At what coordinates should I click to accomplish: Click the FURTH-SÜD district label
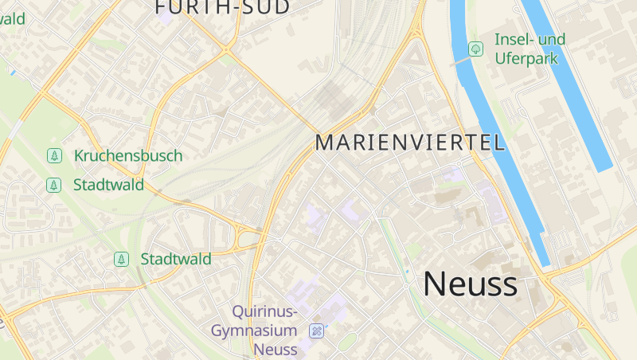pyautogui.click(x=222, y=7)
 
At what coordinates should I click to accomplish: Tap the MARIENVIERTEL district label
pyautogui.click(x=410, y=143)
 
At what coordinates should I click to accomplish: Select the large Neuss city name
pyautogui.click(x=470, y=284)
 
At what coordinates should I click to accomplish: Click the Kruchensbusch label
pyautogui.click(x=128, y=156)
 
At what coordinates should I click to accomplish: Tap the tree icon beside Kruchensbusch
pyautogui.click(x=54, y=156)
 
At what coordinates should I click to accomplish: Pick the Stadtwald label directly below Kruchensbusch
pyautogui.click(x=108, y=186)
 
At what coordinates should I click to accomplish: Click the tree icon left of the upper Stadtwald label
pyautogui.click(x=54, y=186)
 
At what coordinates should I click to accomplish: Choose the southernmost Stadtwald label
pyautogui.click(x=176, y=259)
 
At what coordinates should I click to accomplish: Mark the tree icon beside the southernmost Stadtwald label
pyautogui.click(x=121, y=259)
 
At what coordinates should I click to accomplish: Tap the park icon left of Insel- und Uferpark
pyautogui.click(x=475, y=49)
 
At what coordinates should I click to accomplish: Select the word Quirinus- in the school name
pyautogui.click(x=265, y=311)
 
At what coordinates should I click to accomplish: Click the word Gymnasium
pyautogui.click(x=255, y=331)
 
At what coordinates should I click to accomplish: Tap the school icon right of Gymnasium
pyautogui.click(x=317, y=331)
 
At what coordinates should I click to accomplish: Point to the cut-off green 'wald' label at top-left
pyautogui.click(x=13, y=18)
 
